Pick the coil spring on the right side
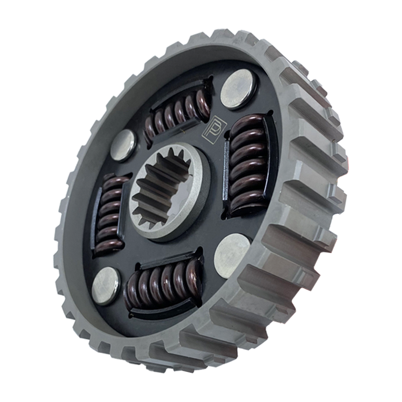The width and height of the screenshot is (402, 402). [248, 164]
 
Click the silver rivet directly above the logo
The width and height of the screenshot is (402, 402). [238, 89]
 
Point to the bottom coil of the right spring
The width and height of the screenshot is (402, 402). [245, 206]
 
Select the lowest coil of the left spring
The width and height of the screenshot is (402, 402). [108, 247]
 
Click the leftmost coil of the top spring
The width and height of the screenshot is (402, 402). [150, 128]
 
